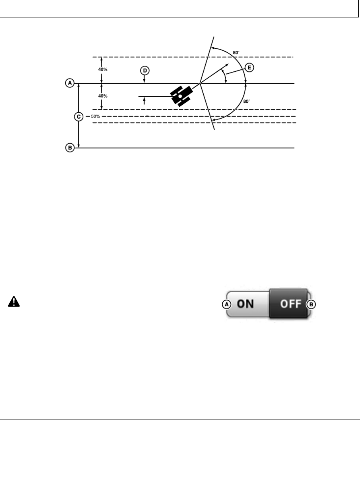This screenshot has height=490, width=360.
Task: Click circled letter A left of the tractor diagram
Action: tap(69, 83)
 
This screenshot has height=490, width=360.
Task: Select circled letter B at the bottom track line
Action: tap(69, 148)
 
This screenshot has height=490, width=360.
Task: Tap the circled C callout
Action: tap(78, 116)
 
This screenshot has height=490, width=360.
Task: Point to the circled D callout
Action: tap(144, 70)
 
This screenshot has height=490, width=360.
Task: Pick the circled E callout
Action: tap(249, 68)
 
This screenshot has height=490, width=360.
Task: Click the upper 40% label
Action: tap(102, 70)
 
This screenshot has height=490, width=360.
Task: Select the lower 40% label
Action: tap(102, 96)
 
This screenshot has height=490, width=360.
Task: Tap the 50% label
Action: tap(96, 116)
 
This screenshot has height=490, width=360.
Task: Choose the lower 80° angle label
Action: tap(246, 101)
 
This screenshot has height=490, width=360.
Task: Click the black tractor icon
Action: tap(181, 96)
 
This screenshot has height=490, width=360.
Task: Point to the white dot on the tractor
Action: tap(180, 96)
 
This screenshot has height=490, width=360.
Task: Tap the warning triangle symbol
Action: tap(14, 302)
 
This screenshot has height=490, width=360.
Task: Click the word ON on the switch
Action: tap(245, 304)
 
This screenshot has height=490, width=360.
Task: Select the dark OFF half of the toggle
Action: tap(288, 304)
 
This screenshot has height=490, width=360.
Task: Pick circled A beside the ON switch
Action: tap(226, 305)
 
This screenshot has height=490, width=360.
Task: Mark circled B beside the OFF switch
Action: tap(311, 305)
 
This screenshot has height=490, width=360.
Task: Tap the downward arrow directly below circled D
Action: tap(144, 80)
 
